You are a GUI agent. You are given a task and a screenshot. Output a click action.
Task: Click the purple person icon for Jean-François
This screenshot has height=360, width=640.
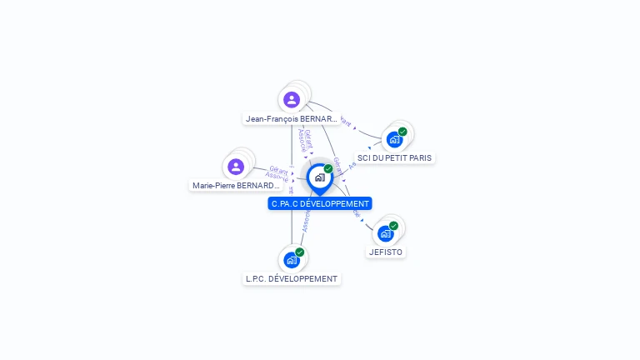pyautogui.click(x=292, y=100)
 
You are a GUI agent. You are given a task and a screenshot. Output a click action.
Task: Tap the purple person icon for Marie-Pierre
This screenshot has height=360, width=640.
pyautogui.click(x=236, y=167)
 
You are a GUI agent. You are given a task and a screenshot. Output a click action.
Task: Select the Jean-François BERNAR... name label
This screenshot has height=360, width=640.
pyautogui.click(x=292, y=119)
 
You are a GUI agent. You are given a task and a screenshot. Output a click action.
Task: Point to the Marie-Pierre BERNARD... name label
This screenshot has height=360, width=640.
pyautogui.click(x=236, y=186)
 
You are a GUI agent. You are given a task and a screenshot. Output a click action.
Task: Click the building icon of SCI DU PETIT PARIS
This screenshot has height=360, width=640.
pyautogui.click(x=394, y=139)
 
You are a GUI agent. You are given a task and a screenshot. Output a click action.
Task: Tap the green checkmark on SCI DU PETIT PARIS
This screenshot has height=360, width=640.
pyautogui.click(x=402, y=132)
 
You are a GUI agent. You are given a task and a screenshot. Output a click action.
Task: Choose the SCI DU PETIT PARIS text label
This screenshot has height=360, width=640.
pyautogui.click(x=394, y=157)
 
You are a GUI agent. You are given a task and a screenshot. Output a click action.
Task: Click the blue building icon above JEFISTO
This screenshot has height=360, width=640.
pyautogui.click(x=385, y=233)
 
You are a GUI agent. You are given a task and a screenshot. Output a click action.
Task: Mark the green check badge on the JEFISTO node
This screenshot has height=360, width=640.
pyautogui.click(x=393, y=226)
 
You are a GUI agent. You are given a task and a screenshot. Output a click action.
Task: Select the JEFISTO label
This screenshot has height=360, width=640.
pyautogui.click(x=386, y=252)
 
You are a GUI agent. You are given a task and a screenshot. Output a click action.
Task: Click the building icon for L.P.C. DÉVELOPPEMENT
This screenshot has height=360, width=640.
pyautogui.click(x=292, y=260)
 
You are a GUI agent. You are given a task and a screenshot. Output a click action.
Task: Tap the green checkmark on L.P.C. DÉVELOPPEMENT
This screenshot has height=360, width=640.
pyautogui.click(x=300, y=252)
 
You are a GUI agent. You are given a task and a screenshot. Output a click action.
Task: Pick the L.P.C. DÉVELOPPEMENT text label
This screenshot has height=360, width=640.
pyautogui.click(x=292, y=278)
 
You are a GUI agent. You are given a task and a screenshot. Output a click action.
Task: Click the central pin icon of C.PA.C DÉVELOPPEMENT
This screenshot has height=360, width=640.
pyautogui.click(x=319, y=177)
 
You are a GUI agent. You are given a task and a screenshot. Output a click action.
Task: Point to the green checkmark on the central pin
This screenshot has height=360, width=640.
pyautogui.click(x=328, y=169)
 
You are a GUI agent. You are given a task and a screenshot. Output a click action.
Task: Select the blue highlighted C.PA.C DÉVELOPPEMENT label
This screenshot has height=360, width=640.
pyautogui.click(x=320, y=203)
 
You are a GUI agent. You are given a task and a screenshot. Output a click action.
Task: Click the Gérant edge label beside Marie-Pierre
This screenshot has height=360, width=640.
pyautogui.click(x=278, y=169)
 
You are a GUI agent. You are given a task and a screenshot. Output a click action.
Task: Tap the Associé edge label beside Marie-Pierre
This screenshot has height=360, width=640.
pyautogui.click(x=277, y=177)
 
